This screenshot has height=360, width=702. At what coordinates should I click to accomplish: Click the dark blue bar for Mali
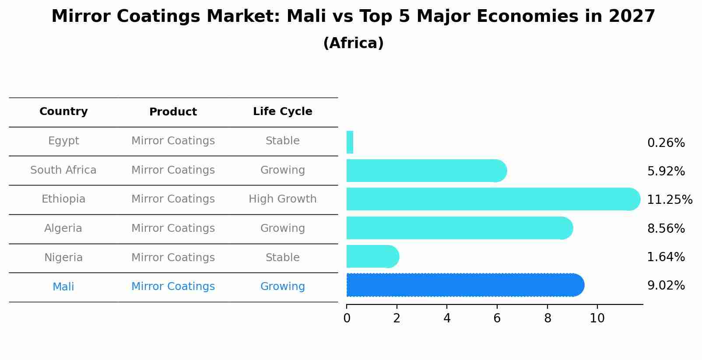point(464,285)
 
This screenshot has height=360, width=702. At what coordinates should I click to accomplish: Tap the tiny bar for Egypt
point(350,143)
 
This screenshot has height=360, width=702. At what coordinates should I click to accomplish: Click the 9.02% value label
point(666,286)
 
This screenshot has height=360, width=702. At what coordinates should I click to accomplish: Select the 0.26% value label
point(666,143)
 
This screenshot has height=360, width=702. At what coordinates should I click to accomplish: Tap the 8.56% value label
point(666,229)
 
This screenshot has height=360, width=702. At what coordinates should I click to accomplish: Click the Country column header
point(63,112)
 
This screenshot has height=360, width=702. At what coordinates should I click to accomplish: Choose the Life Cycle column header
point(282,112)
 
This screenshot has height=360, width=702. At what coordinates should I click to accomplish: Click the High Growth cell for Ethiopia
point(282,199)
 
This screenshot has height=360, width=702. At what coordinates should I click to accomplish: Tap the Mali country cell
point(63,287)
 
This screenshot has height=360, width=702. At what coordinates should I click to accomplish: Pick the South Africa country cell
point(63,170)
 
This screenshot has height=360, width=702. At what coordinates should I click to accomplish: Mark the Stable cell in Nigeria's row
point(282,258)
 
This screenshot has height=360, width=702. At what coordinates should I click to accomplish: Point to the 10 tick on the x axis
point(597,318)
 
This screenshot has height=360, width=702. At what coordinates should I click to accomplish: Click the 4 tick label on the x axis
point(447,318)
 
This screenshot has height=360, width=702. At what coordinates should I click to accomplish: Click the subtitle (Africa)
point(353,43)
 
